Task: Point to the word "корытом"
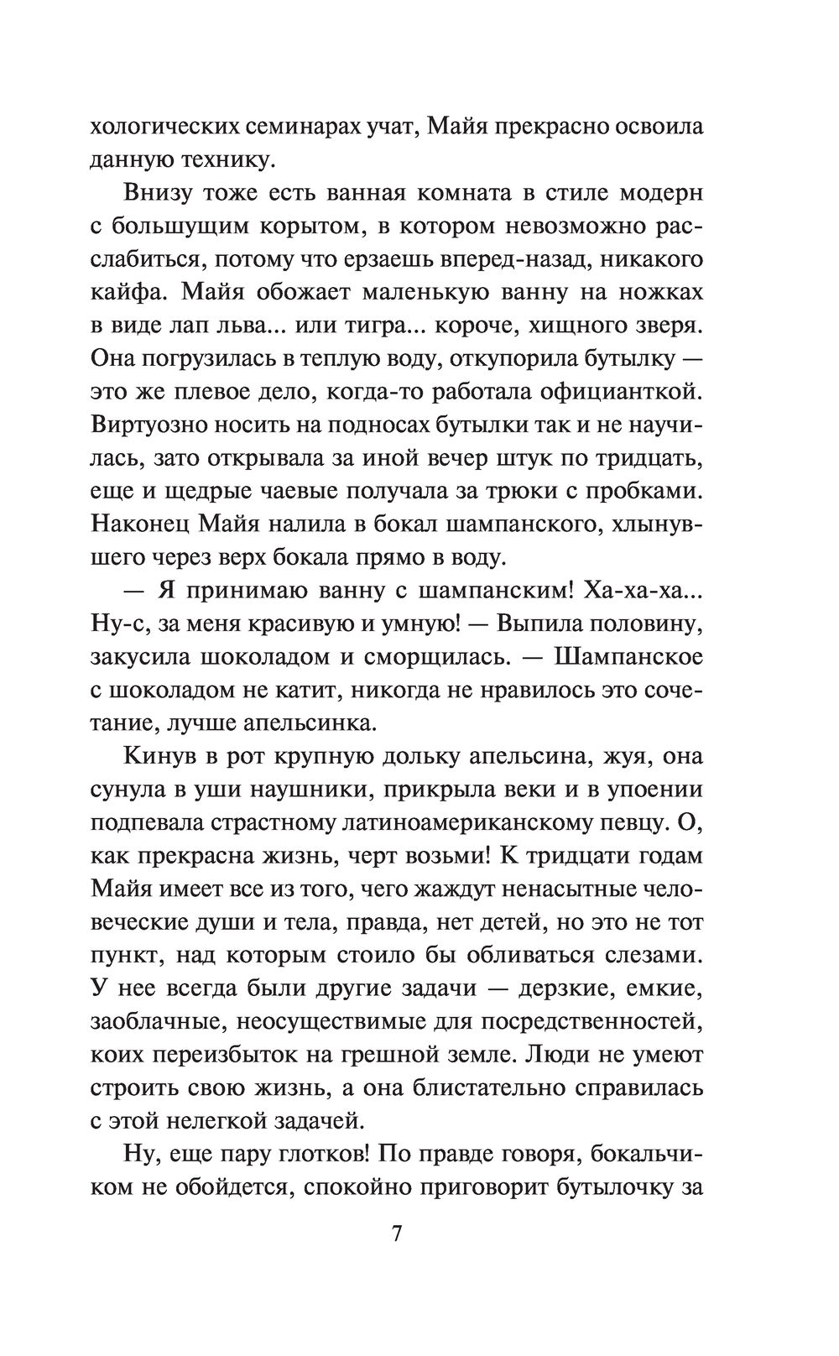pyautogui.click(x=302, y=226)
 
